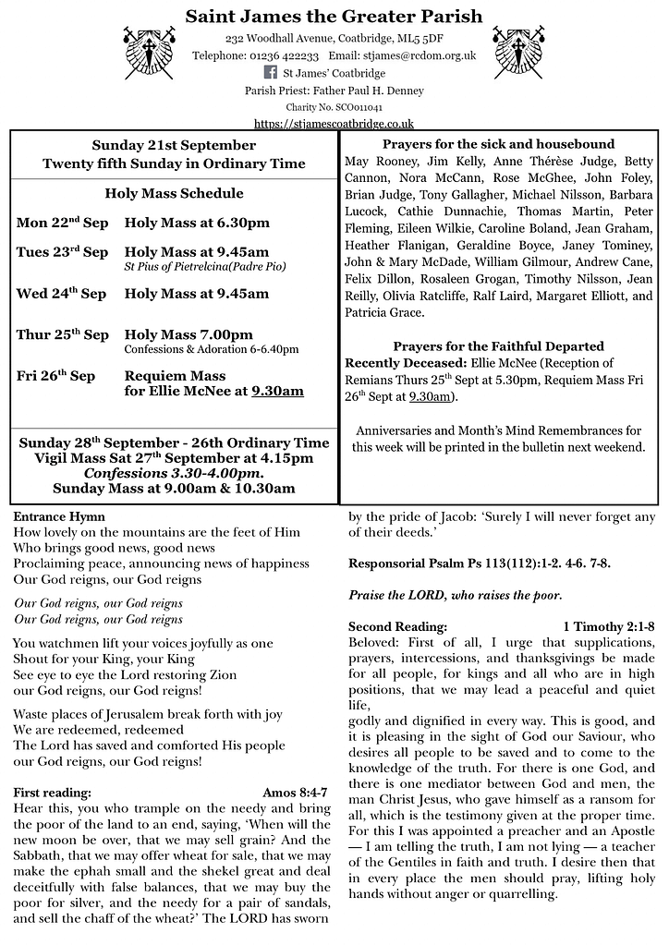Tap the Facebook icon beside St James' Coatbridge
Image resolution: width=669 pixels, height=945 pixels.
(x=271, y=73)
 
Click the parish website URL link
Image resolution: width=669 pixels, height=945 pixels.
(x=334, y=123)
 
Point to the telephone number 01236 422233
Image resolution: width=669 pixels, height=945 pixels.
(x=279, y=55)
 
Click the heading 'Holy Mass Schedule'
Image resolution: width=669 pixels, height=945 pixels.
(x=175, y=194)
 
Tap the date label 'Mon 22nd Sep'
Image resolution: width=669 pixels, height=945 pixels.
(x=62, y=223)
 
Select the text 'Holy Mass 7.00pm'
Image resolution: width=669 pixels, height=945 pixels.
(x=189, y=334)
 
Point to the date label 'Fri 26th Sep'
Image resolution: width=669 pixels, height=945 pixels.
(x=55, y=376)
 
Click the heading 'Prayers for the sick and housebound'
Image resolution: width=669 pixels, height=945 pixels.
(x=498, y=145)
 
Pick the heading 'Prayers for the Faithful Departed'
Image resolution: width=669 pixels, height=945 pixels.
(x=498, y=346)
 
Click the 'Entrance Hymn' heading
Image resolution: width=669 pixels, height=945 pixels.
(x=59, y=516)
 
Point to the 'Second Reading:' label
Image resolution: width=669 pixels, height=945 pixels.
(x=397, y=626)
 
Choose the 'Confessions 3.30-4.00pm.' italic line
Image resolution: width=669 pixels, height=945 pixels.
(x=175, y=473)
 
